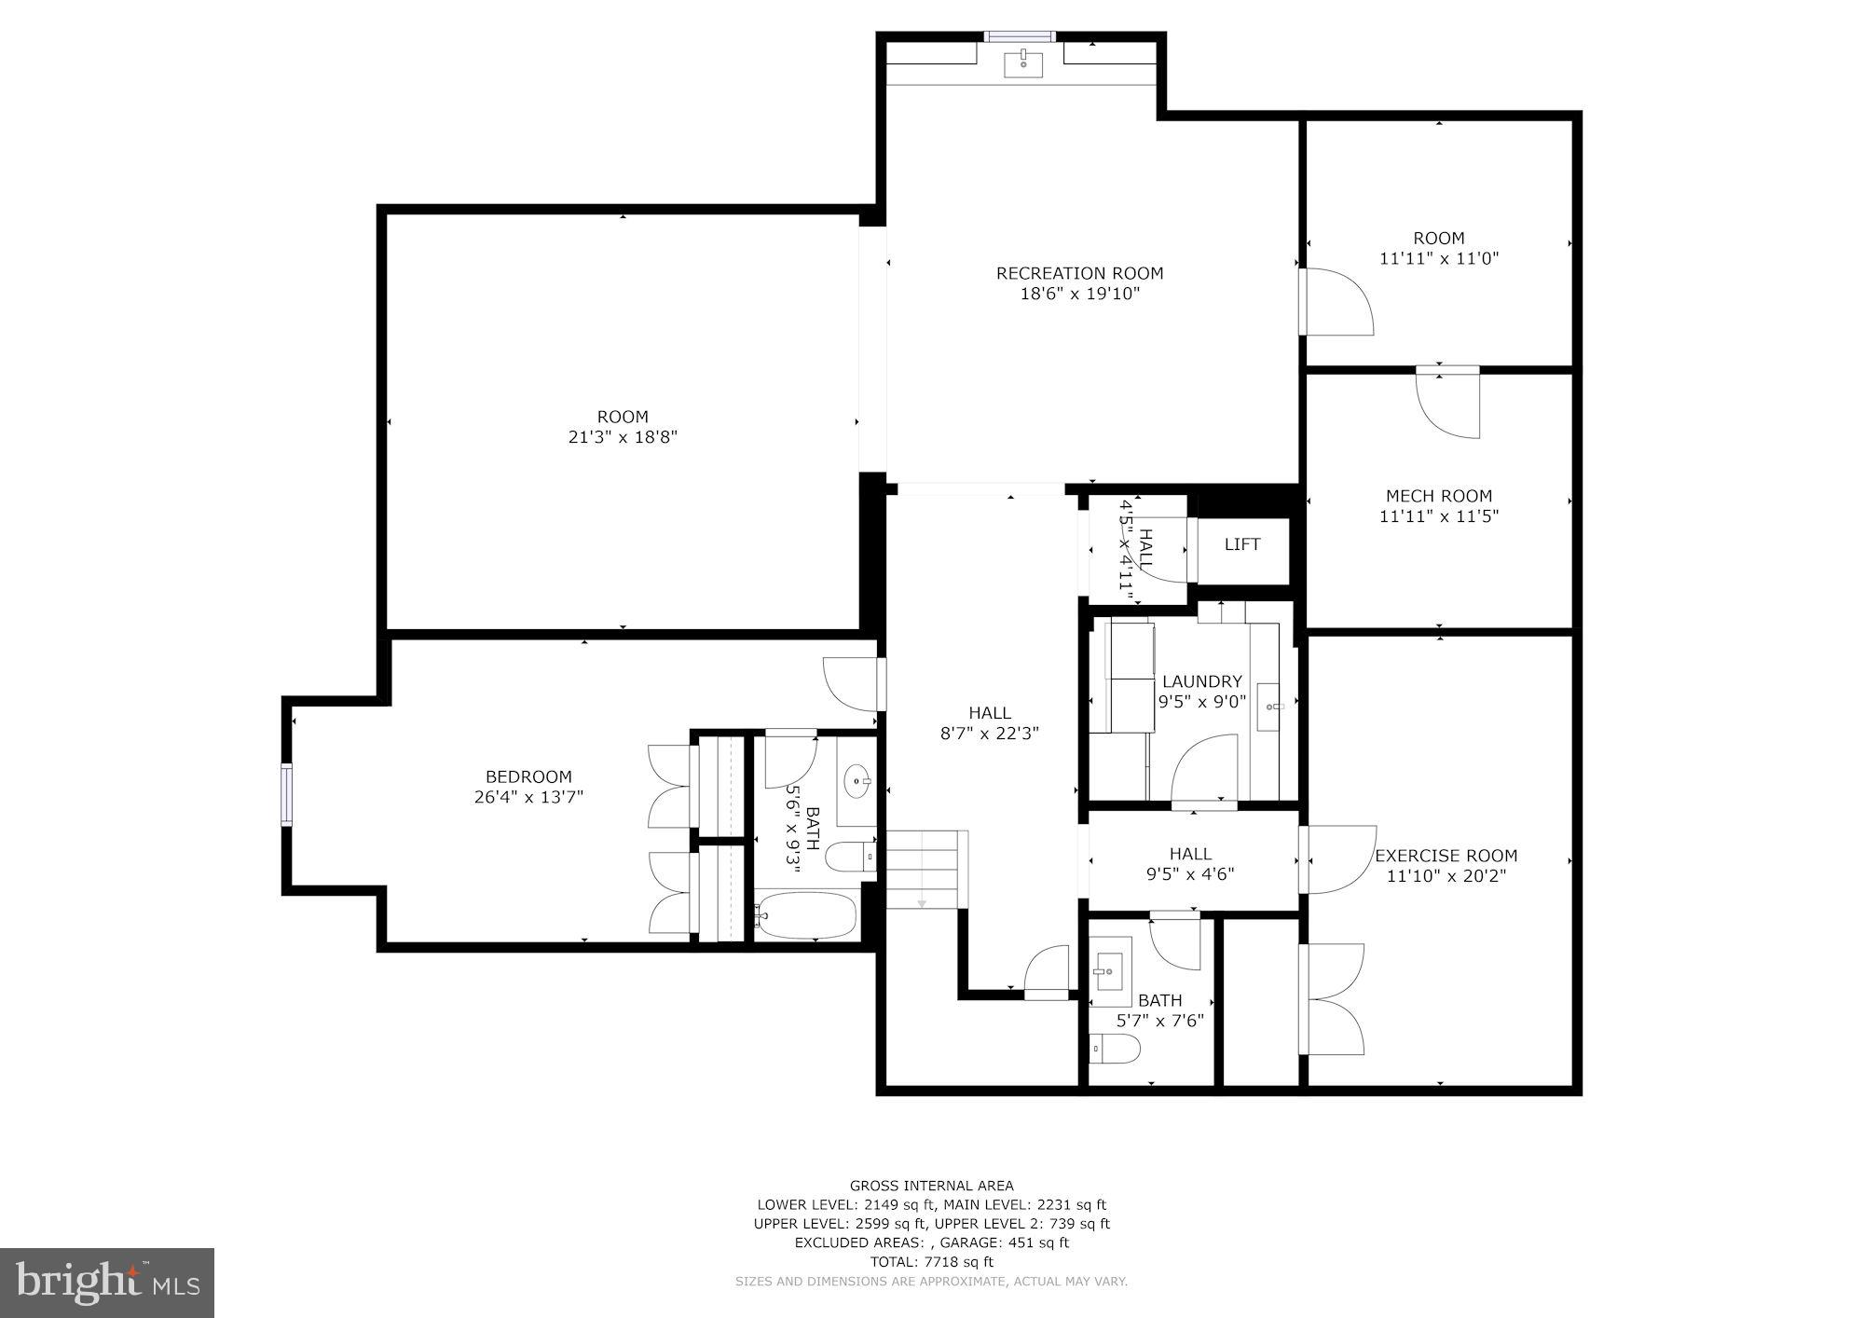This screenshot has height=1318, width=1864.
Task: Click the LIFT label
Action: click(x=1242, y=544)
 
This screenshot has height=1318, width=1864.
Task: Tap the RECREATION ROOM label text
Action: click(x=1079, y=273)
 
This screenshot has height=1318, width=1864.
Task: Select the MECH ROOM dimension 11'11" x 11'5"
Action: click(x=1438, y=516)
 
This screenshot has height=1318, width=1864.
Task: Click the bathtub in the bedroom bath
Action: click(x=806, y=915)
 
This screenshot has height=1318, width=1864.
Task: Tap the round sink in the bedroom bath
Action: click(x=857, y=782)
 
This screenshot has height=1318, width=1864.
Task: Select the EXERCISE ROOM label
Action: click(x=1446, y=856)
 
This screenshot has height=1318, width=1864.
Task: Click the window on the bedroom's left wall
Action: click(x=287, y=795)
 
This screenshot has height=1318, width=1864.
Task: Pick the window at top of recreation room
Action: click(x=1020, y=37)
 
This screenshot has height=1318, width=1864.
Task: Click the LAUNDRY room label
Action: click(x=1201, y=681)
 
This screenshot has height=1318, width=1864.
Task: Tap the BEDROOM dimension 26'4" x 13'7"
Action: click(x=528, y=797)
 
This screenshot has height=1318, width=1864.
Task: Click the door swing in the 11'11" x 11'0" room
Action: click(x=1338, y=302)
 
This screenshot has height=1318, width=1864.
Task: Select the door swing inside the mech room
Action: click(x=1447, y=405)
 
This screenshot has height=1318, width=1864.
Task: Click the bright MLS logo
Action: click(x=107, y=1284)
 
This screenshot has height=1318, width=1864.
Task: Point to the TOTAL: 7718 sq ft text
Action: click(x=931, y=1262)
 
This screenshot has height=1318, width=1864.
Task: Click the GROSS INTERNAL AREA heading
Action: click(x=931, y=1186)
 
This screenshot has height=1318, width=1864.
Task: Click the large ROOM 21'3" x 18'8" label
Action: click(x=623, y=427)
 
